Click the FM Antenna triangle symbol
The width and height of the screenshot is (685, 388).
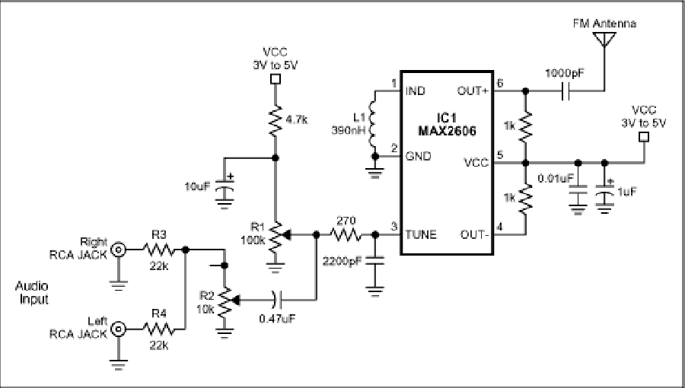pos(604,38)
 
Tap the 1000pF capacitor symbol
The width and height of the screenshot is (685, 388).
pos(566,91)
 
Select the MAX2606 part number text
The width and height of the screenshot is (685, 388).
pos(447,131)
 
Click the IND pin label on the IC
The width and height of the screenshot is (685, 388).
pos(416,91)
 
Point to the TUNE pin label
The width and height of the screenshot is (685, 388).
pos(421,235)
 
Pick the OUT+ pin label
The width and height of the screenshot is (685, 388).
pos(473,91)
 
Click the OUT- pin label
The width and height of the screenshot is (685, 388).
pos(474,235)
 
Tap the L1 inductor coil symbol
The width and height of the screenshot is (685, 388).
pos(374,124)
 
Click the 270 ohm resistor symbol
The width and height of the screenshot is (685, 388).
pos(346,235)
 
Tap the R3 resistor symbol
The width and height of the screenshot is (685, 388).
pos(158,250)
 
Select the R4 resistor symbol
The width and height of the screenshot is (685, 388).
pos(158,329)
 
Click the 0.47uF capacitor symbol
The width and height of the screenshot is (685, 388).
pos(277,300)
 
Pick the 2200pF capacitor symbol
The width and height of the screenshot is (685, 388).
pos(374,261)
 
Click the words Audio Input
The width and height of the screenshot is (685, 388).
pos(32,293)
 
